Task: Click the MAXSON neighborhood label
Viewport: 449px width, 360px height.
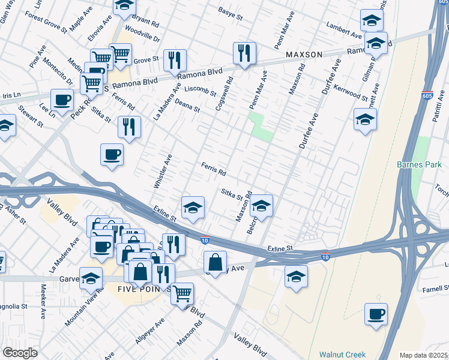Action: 304,55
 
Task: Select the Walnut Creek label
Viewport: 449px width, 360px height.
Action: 342,355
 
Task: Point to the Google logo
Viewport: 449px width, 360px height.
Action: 20,353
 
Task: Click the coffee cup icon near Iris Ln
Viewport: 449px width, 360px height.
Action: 62,100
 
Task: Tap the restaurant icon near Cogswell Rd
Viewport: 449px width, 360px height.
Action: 244,53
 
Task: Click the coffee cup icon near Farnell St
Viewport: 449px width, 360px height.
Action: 376,314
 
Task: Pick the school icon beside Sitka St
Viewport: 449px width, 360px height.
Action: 261,206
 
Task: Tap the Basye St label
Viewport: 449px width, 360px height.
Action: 230,11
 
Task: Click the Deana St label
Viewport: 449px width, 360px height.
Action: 187,104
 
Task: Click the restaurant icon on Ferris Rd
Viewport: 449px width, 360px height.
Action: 129,127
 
